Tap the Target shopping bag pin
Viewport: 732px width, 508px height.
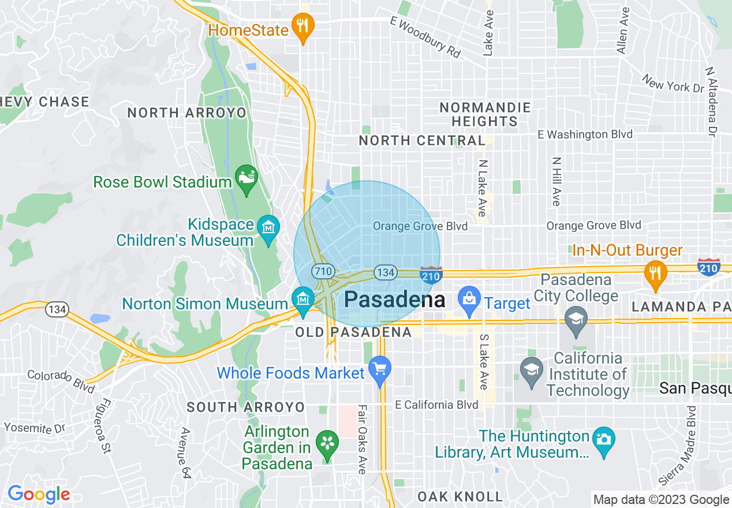[x=469, y=300]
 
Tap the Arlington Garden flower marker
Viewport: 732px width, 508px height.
[x=327, y=443]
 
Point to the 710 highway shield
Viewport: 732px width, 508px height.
[x=323, y=271]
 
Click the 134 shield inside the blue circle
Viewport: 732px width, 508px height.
[x=384, y=272]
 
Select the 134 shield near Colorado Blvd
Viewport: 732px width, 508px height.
[x=57, y=310]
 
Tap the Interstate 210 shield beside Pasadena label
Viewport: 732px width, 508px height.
[x=431, y=275]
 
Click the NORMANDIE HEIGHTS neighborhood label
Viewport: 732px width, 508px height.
[x=485, y=114]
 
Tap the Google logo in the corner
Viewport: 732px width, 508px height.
[x=39, y=495]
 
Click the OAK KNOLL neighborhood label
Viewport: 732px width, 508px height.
[x=460, y=496]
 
